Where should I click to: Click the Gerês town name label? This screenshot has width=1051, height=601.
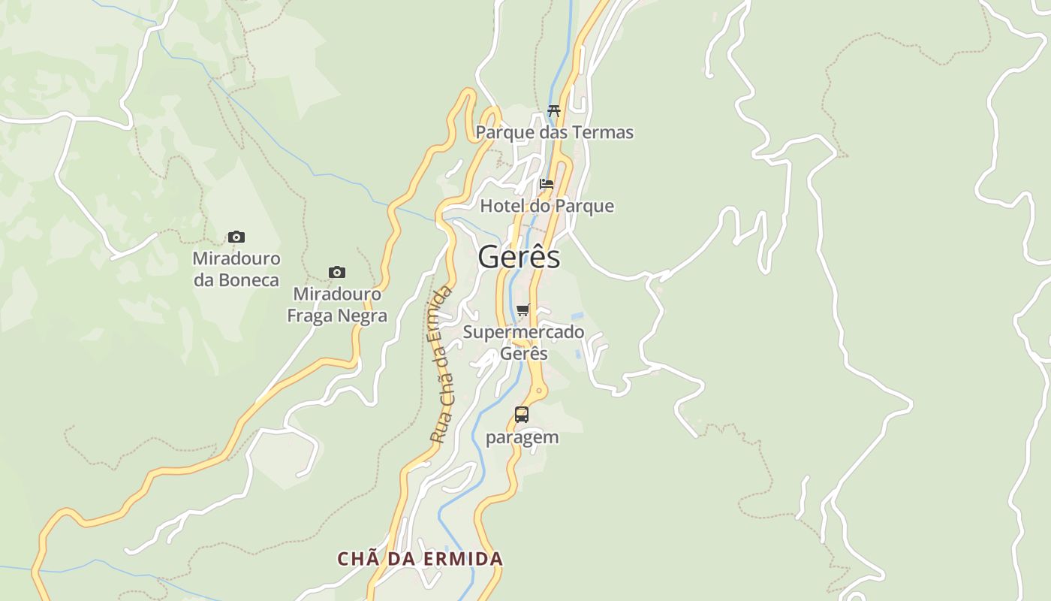point(519,257)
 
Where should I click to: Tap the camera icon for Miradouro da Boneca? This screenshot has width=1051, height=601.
point(236,237)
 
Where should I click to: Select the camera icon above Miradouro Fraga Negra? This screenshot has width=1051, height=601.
point(337,272)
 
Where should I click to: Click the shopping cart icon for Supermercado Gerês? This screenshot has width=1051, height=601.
point(523,310)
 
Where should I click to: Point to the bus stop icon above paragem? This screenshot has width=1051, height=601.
point(522,414)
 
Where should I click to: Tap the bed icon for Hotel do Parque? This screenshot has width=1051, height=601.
point(547,183)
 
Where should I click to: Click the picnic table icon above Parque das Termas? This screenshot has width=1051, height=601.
point(554,110)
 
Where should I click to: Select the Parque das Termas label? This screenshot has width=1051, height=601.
point(555,133)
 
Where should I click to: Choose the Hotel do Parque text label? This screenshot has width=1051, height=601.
point(547,206)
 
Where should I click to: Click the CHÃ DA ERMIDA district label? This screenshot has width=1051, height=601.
point(420,559)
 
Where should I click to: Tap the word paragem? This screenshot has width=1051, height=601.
point(522,437)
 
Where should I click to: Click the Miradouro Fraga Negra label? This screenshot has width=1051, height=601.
point(337,305)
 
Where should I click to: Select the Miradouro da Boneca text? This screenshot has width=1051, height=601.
point(236,269)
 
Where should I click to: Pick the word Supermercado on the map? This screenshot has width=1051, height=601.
point(523,332)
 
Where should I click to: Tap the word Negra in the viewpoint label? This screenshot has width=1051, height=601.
point(363,316)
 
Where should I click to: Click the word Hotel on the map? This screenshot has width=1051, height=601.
point(501,206)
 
